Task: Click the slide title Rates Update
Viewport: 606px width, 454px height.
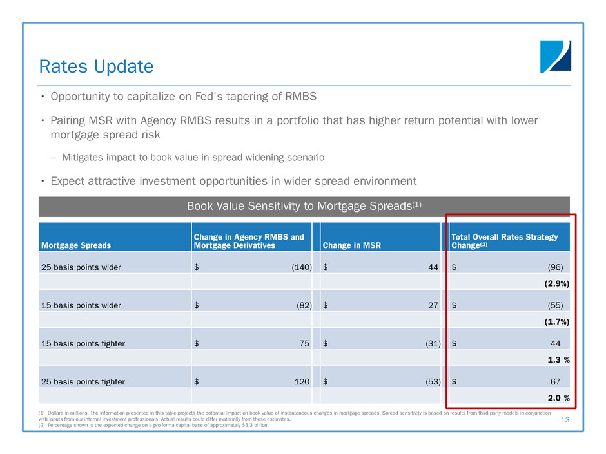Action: [x=96, y=66]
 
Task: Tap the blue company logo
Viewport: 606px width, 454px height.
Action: [x=555, y=57]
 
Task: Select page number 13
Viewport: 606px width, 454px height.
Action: [x=565, y=421]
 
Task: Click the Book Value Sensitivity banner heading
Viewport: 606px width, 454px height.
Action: [x=304, y=206]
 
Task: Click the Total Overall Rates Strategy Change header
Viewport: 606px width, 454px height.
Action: [x=504, y=241]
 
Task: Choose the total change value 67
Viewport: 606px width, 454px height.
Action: [x=557, y=382]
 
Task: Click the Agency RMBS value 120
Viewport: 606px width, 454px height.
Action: [x=302, y=382]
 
